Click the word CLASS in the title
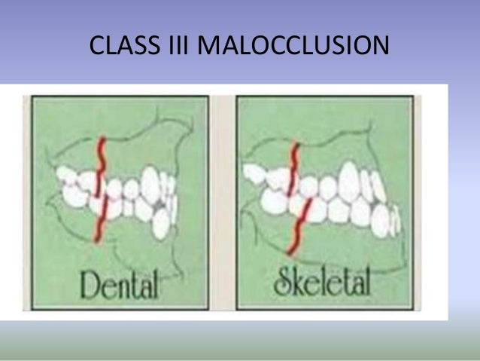[125, 47]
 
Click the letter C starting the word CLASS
[96, 47]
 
